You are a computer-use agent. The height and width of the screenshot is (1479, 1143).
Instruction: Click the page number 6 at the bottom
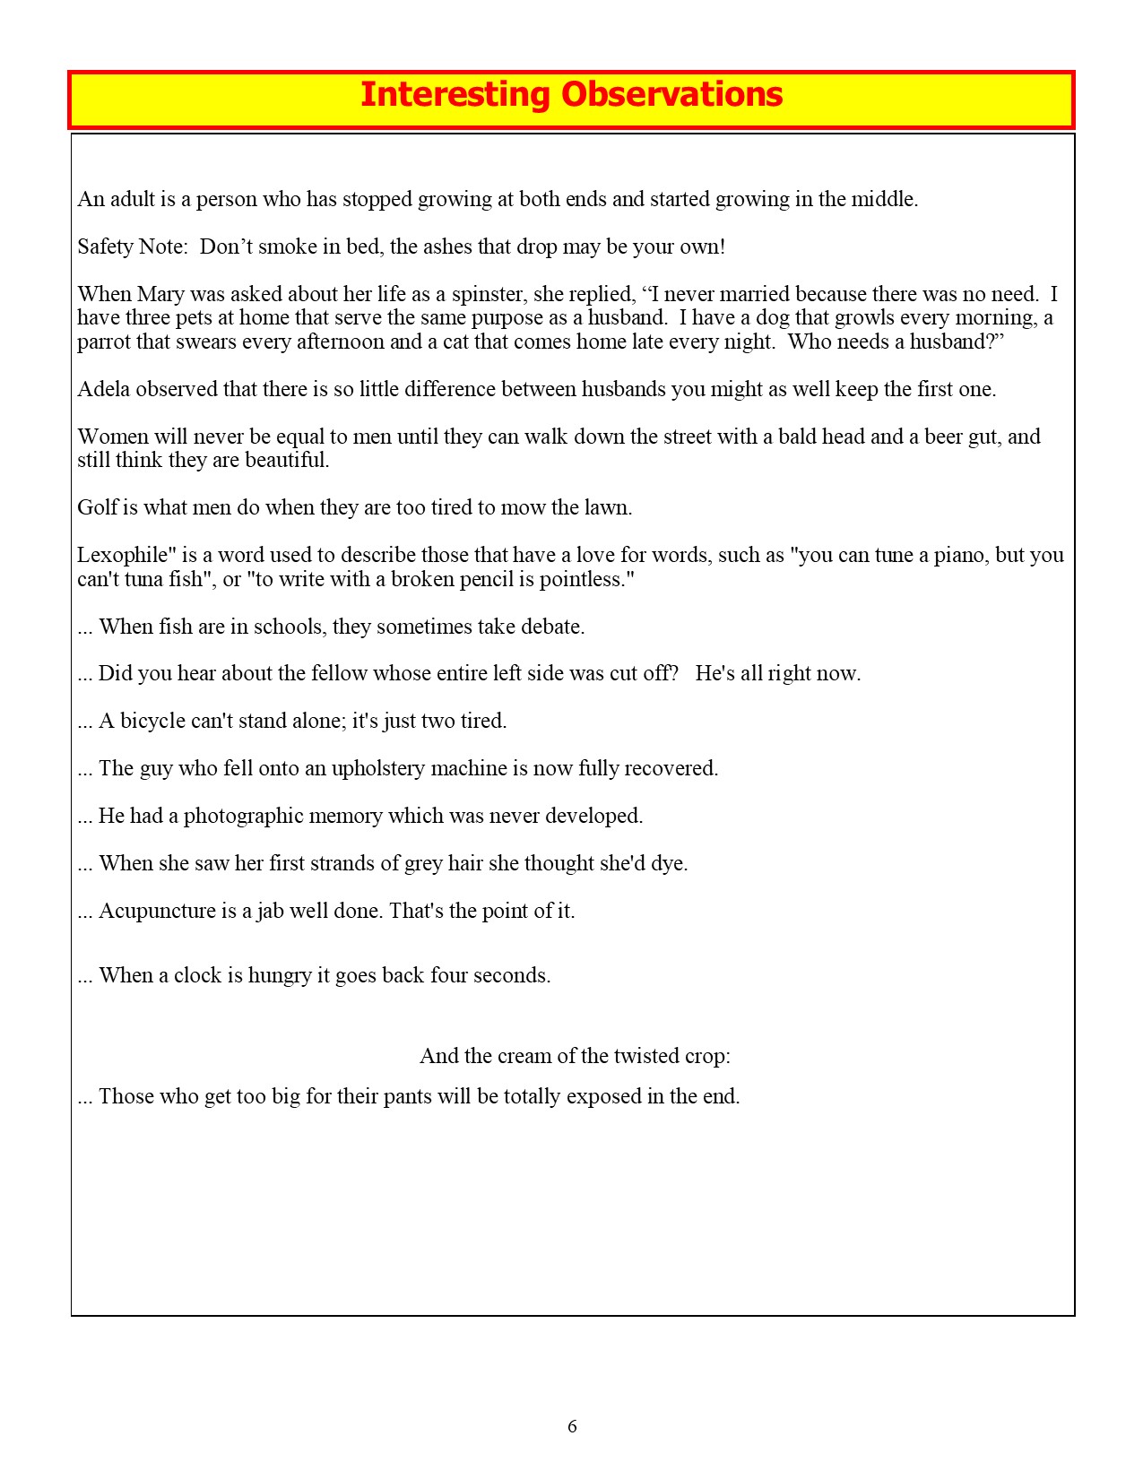(572, 1426)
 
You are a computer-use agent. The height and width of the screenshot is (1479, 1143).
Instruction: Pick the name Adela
(103, 389)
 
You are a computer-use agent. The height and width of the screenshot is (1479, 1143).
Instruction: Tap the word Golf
(96, 507)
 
